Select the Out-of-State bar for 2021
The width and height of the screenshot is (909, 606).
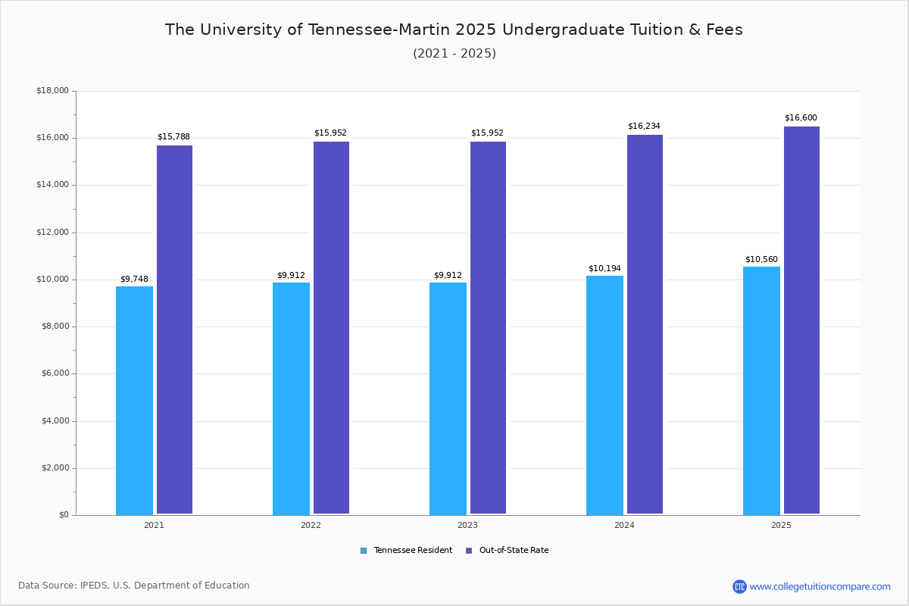(x=174, y=330)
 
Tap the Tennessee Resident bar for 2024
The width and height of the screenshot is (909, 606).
(x=604, y=395)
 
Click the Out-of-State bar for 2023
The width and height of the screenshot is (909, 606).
(x=488, y=328)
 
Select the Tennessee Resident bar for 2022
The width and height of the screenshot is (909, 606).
(x=291, y=398)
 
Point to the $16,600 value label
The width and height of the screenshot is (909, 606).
(x=801, y=118)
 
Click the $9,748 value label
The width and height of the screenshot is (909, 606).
(x=134, y=279)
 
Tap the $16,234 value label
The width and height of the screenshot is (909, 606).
(x=644, y=127)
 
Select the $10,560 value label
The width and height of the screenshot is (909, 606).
(x=761, y=259)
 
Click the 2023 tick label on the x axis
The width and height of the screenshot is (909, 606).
(x=467, y=525)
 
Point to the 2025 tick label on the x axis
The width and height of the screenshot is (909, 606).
(x=781, y=525)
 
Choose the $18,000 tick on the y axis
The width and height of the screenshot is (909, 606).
(x=52, y=91)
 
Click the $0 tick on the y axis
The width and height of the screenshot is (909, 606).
(x=63, y=515)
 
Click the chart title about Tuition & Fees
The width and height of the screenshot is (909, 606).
(x=454, y=30)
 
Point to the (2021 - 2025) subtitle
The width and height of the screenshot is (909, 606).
(x=454, y=54)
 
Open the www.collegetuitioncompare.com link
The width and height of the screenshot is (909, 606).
(x=820, y=586)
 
